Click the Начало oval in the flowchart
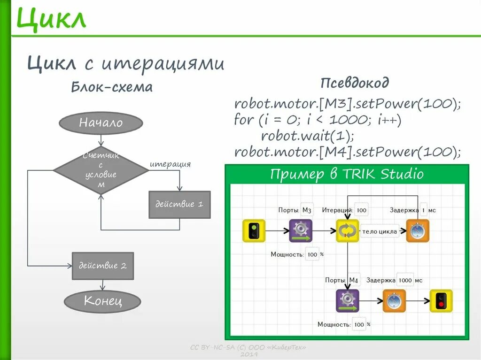(101, 123)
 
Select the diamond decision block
(101, 170)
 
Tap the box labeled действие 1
(179, 205)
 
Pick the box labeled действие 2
(102, 266)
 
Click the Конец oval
(102, 301)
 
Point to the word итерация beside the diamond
(170, 164)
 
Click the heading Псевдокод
(355, 84)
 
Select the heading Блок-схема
(112, 87)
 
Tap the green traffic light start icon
(254, 231)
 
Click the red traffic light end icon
(441, 301)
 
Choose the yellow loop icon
(347, 231)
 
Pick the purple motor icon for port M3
(300, 231)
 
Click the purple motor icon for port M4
(347, 301)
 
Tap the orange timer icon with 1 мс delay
(417, 231)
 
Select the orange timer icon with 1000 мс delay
(394, 301)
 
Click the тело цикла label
(380, 231)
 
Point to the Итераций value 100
(362, 210)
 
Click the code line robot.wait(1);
(307, 136)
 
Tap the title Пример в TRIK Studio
(347, 175)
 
